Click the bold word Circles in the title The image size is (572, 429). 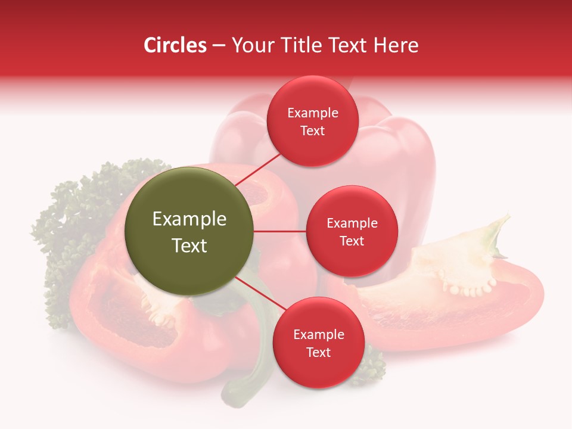click(175, 45)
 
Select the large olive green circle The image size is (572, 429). click(189, 231)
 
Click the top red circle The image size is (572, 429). click(313, 121)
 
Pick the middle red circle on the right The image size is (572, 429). click(352, 231)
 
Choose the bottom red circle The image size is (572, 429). click(318, 343)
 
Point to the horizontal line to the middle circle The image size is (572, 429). click(279, 231)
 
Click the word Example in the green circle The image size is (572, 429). click(189, 219)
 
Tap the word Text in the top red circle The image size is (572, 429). click(313, 131)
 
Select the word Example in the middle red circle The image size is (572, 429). click(352, 223)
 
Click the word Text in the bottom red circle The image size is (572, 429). click(318, 353)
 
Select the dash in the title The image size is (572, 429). click(219, 45)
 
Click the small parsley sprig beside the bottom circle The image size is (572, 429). click(372, 363)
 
